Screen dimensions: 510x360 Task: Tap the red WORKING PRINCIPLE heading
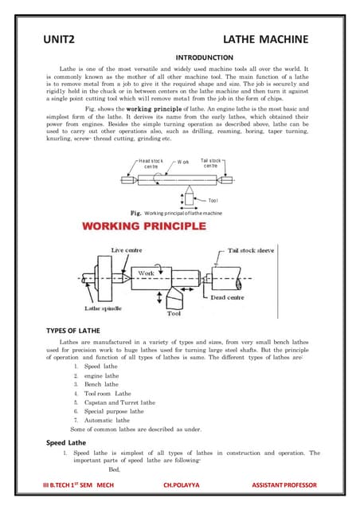(145, 226)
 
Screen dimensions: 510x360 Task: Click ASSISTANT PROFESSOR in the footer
(284, 484)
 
